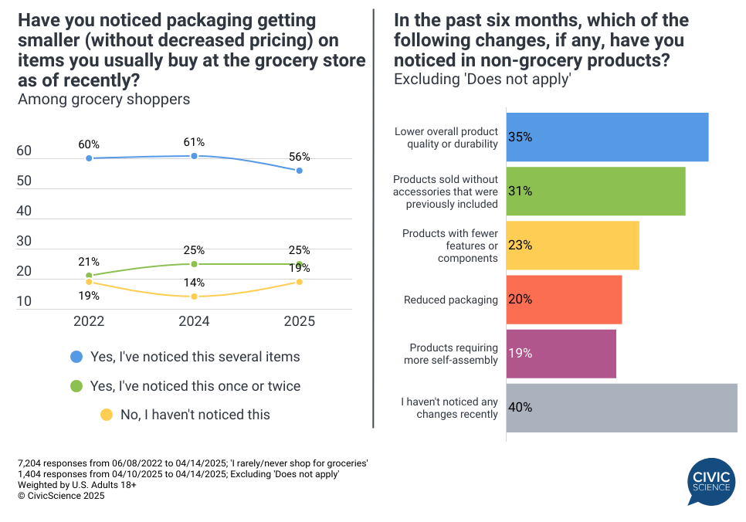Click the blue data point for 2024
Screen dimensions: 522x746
[194, 156]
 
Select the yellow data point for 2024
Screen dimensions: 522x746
[194, 297]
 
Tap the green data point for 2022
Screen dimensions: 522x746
[89, 276]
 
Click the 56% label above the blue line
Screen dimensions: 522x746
[300, 156]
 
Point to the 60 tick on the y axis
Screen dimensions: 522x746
[24, 151]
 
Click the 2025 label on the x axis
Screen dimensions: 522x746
[299, 322]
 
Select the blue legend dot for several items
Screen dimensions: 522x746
[76, 357]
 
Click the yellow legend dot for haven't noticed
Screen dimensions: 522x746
[107, 415]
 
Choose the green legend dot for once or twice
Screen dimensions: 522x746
[76, 385]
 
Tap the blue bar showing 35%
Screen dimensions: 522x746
[607, 137]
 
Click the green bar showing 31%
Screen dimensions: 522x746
[595, 192]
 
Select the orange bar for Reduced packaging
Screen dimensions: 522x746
[564, 300]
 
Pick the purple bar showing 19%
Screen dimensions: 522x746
[561, 354]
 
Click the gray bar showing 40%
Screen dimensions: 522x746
[622, 408]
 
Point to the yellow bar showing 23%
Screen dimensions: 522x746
[572, 246]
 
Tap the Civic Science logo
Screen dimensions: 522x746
[710, 482]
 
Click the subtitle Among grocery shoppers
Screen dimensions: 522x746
[103, 99]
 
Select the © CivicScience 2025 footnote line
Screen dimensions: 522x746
[61, 497]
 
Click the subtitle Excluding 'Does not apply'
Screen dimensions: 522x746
[482, 79]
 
